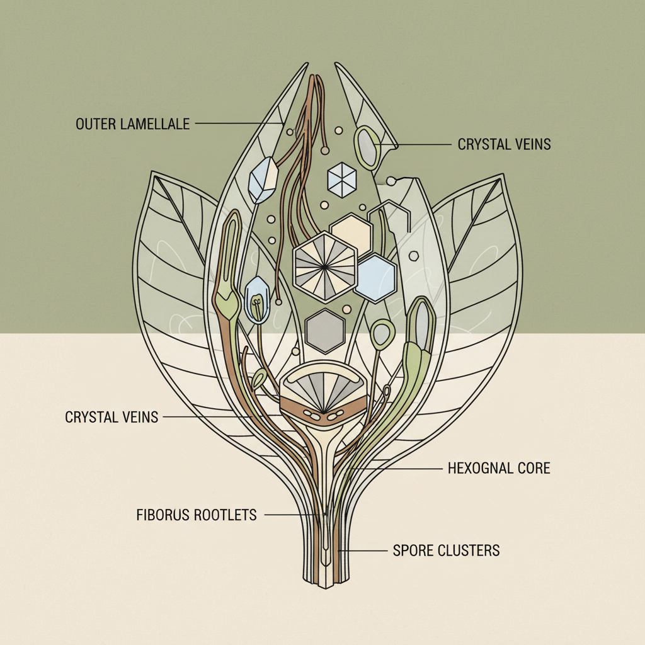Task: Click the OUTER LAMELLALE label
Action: (x=132, y=123)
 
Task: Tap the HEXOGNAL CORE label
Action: (x=499, y=468)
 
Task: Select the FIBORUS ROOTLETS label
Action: (x=197, y=515)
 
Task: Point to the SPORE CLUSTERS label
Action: (x=446, y=550)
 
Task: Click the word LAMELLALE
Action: (x=156, y=123)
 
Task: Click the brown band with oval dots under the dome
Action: (x=323, y=412)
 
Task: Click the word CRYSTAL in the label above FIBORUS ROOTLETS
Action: (x=91, y=417)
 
